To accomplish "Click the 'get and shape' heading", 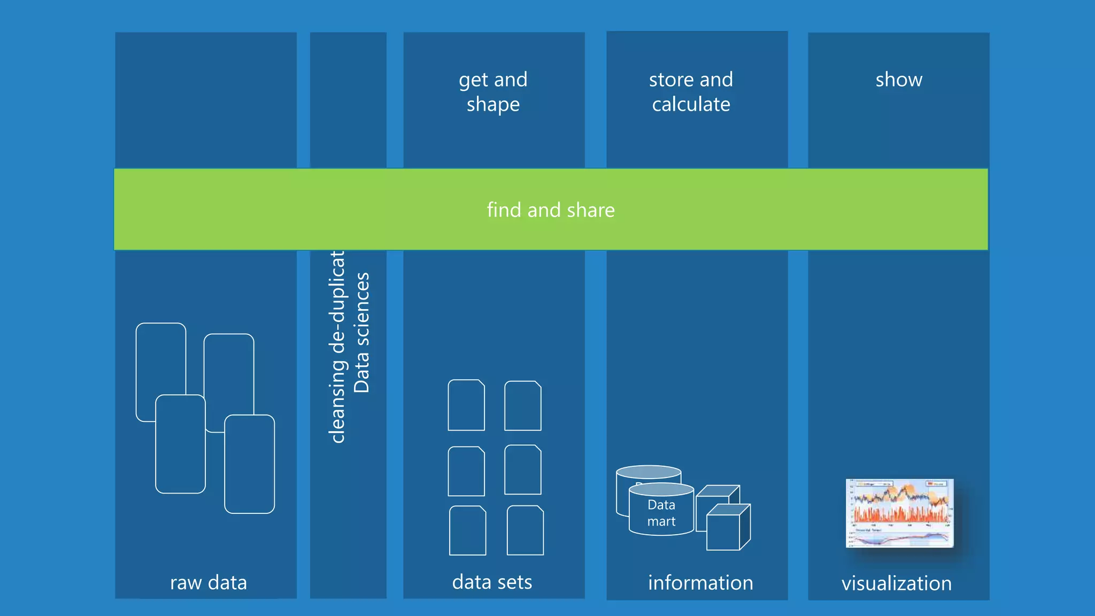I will pos(493,91).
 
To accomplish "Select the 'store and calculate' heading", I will pos(691,91).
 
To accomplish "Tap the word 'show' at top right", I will pos(899,80).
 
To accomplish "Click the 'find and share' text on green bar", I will pos(551,210).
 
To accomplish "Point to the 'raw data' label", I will pos(209,582).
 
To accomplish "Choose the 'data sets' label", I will pos(492,582).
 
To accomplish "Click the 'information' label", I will pos(700,582).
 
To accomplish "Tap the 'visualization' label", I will pos(897,583).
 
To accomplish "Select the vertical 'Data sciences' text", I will pos(362,333).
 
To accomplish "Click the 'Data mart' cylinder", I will pos(661,512).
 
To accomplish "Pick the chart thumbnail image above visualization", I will pos(899,513).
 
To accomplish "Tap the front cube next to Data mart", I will pos(724,531).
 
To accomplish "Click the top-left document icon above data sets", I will pos(466,405).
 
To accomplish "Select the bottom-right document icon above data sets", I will pos(525,530).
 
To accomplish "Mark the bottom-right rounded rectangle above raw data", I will pos(250,464).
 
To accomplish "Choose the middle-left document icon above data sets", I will pos(466,472).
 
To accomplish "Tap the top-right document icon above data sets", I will pos(523,406).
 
